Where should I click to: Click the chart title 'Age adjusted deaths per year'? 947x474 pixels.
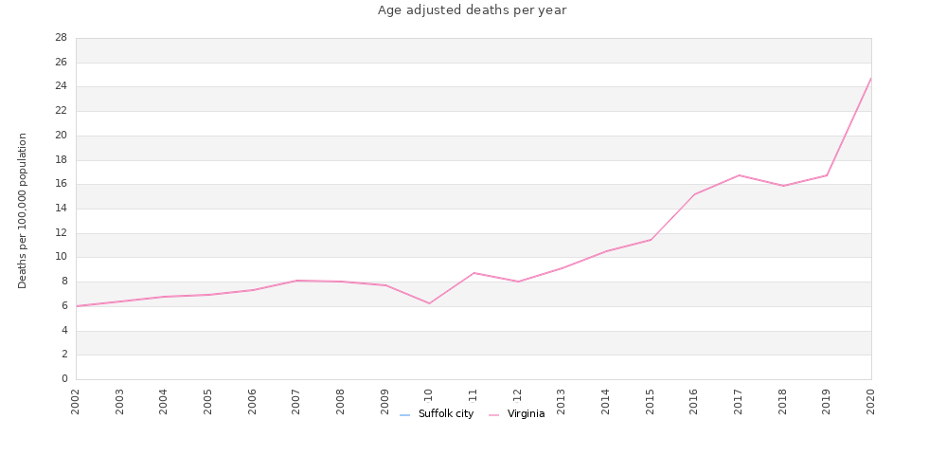pos(472,10)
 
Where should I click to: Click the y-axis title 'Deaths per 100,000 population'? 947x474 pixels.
pos(23,210)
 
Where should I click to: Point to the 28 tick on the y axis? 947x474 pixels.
pos(61,38)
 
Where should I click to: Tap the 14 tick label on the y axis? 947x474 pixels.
pos(61,209)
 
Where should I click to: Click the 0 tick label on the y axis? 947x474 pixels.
pos(64,379)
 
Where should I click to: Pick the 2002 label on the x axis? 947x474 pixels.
pos(76,401)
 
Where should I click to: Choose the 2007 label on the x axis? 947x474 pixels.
pos(296,401)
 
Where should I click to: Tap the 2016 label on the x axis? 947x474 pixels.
pos(694,401)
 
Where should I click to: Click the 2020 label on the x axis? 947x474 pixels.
pos(871,401)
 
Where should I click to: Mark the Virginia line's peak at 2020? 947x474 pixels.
pos(871,78)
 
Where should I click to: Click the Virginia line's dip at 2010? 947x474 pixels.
pos(429,303)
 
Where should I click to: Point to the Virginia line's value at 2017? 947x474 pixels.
pos(739,175)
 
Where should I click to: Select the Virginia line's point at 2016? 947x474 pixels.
pos(694,194)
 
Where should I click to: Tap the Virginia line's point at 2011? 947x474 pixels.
pos(473,273)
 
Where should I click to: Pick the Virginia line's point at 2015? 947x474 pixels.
pos(651,239)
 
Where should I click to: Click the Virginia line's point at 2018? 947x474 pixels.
pos(783,186)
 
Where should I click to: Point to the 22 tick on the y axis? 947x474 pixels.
pos(61,111)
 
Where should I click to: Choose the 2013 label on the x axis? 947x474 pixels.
pos(562,401)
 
